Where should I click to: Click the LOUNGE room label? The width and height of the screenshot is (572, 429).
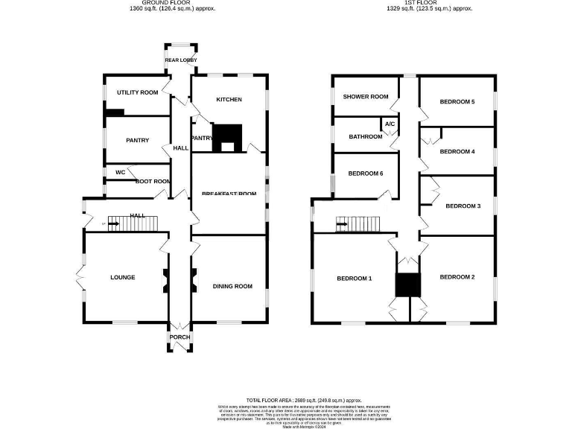[x=123, y=278]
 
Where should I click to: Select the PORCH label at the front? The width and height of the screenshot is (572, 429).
[x=179, y=337]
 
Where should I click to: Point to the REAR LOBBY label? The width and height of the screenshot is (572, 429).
[x=179, y=60]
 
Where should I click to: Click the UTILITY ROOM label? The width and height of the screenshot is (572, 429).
[x=138, y=92]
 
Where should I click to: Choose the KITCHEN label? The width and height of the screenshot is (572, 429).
[x=229, y=99]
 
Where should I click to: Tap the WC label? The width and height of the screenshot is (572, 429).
[x=120, y=172]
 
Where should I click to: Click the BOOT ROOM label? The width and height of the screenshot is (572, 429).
[x=153, y=181]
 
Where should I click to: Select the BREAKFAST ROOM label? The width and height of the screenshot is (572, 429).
[x=229, y=194]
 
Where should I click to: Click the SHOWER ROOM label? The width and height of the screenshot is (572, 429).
[x=366, y=97]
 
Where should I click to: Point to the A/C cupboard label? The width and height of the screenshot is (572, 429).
[x=390, y=124]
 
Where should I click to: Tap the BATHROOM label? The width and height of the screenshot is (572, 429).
[x=366, y=136]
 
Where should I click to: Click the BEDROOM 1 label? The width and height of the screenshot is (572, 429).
[x=354, y=279]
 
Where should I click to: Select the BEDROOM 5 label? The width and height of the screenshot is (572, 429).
[x=457, y=101]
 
